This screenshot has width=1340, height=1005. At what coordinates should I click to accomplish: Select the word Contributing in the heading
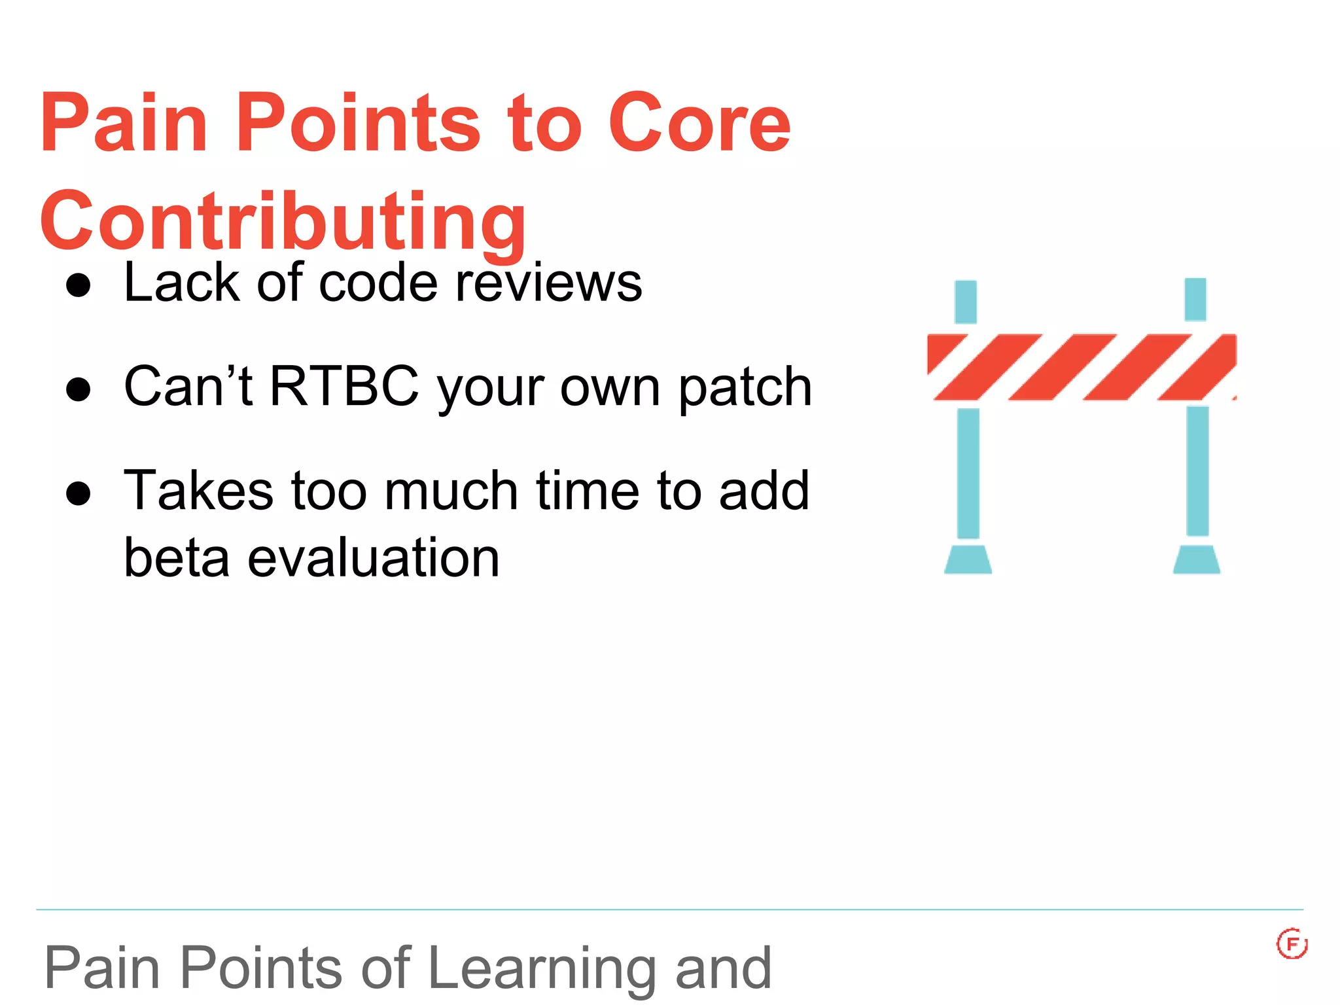[x=283, y=221]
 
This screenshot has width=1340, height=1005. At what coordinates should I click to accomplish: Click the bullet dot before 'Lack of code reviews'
[x=79, y=285]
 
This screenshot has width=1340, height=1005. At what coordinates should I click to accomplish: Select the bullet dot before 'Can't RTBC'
[x=79, y=389]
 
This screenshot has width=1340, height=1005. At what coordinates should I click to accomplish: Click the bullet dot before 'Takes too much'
[x=79, y=493]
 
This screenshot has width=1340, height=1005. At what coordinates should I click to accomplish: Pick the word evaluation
[x=373, y=557]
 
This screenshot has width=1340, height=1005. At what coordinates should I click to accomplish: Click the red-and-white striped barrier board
[x=1081, y=366]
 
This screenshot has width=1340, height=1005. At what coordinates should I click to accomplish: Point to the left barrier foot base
[x=968, y=560]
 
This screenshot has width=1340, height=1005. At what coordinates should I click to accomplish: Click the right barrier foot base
[x=1196, y=560]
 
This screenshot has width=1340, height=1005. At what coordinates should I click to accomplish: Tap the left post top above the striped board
[x=966, y=302]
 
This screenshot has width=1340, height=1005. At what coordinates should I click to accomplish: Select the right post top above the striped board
[x=1195, y=300]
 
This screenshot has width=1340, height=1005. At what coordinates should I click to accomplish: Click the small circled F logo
[x=1292, y=943]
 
